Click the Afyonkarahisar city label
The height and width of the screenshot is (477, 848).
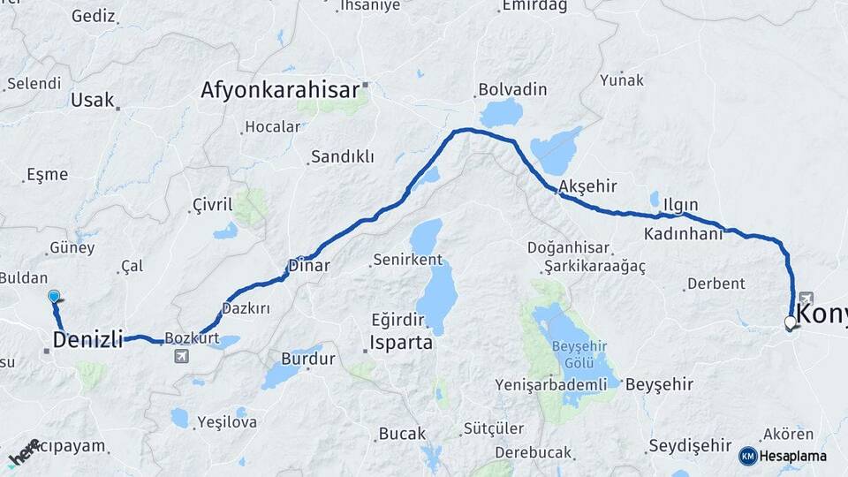click(x=280, y=90)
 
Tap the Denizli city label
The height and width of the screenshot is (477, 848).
click(x=87, y=340)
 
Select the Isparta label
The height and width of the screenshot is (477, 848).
click(x=402, y=342)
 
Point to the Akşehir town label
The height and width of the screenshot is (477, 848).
click(x=587, y=186)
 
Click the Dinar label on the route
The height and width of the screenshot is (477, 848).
click(x=309, y=265)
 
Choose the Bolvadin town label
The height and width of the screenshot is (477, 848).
click(x=512, y=90)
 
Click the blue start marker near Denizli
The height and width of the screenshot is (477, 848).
click(x=55, y=297)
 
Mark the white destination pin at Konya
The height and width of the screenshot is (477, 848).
click(x=791, y=323)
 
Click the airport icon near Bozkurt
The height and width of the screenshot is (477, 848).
click(x=182, y=356)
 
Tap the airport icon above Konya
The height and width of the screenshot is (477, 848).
click(x=806, y=299)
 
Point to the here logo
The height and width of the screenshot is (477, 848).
click(x=23, y=453)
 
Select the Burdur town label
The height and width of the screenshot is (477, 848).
click(x=307, y=360)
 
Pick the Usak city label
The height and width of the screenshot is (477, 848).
click(x=93, y=100)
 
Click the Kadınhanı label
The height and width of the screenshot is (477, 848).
click(x=683, y=234)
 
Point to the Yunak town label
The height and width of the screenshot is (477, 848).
click(x=623, y=80)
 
